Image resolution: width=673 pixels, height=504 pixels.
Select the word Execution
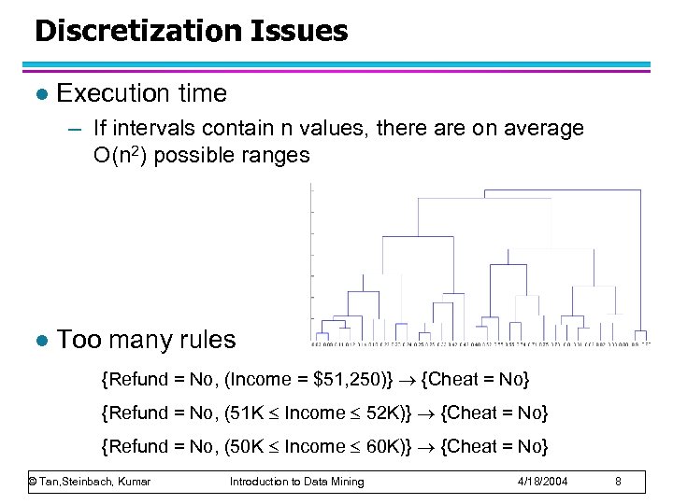[102, 93]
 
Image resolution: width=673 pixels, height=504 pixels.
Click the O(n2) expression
[120, 155]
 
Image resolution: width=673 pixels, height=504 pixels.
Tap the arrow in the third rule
[427, 446]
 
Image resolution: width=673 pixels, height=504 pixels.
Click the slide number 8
[618, 482]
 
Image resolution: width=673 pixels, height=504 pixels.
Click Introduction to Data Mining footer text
[296, 482]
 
